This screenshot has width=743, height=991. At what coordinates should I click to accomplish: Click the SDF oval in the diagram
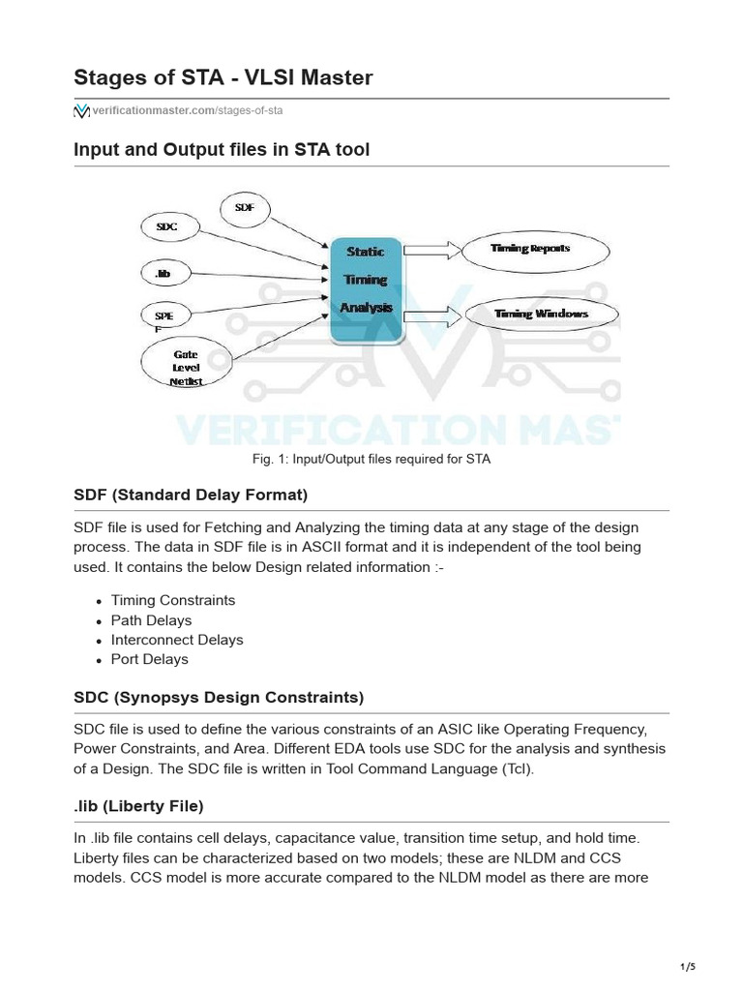246,208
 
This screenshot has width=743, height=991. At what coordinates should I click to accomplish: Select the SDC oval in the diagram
170,228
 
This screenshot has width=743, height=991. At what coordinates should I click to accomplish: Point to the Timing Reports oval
533,250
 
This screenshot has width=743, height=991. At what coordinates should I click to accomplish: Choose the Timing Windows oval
541,315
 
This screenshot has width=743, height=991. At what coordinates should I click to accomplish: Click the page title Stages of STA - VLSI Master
223,77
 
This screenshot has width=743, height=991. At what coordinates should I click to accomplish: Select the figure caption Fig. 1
371,459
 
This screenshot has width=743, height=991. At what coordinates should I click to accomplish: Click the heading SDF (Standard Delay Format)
191,495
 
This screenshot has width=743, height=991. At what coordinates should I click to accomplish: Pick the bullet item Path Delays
151,620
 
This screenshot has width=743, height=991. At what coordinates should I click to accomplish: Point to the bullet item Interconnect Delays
177,640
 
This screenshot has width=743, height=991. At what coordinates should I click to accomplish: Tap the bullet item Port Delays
150,659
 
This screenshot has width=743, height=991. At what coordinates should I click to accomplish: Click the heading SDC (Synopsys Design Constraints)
219,698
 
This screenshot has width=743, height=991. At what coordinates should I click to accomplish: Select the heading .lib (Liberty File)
138,806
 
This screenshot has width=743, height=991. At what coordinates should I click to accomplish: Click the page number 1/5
688,967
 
